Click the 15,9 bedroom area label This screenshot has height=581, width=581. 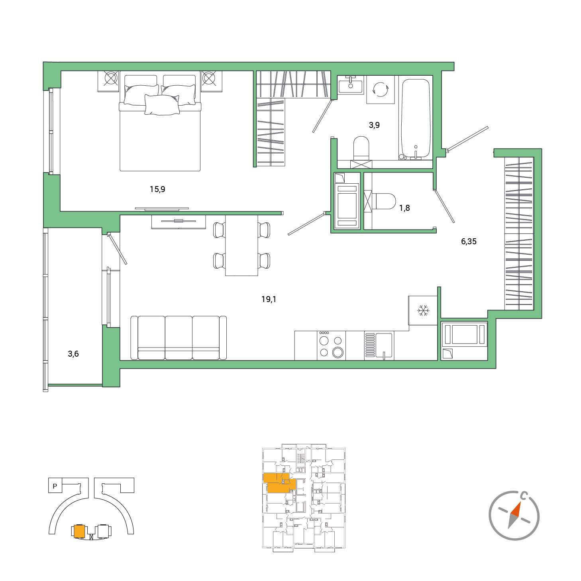click(157, 189)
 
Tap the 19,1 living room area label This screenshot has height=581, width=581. click(269, 299)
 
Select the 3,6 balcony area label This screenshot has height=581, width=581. click(73, 354)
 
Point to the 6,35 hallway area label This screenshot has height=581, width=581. click(469, 241)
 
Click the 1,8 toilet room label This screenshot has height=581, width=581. click(404, 208)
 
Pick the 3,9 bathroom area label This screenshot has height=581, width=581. click(374, 125)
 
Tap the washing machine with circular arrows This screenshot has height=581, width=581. click(381, 90)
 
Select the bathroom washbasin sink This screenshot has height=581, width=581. click(351, 84)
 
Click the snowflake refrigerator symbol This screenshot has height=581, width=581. click(423, 310)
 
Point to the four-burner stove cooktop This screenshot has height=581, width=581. click(331, 345)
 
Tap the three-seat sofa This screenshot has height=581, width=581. click(179, 338)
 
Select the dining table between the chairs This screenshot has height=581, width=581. click(241, 245)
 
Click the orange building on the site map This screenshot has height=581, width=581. click(79, 531)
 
